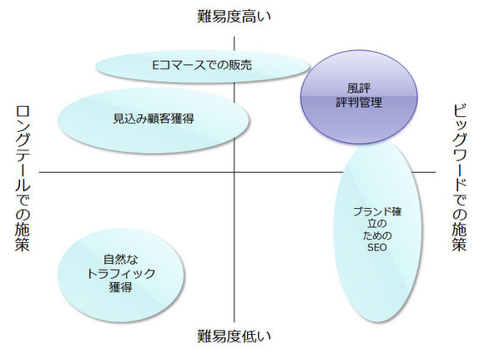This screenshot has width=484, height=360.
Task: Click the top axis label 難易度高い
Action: (234, 16)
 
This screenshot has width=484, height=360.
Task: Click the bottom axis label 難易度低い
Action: (234, 336)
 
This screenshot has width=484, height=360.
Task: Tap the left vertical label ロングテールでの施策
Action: (23, 179)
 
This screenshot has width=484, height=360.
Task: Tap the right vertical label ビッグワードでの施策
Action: (460, 178)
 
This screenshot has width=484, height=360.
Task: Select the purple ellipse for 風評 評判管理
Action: (359, 97)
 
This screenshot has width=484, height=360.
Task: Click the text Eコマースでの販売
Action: (202, 65)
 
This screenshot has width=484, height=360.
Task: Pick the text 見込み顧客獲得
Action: (154, 119)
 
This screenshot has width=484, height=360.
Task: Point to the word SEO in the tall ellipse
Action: (377, 247)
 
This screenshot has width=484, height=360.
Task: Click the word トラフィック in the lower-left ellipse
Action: (121, 273)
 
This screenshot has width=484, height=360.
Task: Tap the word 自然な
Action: (121, 259)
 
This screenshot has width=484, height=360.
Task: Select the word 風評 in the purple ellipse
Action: (359, 89)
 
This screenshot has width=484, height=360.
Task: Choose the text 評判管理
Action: (359, 102)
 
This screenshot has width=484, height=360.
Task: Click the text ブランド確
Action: (377, 211)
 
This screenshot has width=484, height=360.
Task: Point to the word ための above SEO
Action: (377, 236)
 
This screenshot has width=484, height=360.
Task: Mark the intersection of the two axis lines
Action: (234, 172)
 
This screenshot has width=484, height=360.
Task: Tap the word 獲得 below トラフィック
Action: (121, 287)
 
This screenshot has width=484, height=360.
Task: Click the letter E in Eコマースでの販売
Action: (156, 65)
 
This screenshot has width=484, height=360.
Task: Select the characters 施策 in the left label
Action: (23, 237)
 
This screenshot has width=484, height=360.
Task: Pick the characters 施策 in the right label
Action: (460, 236)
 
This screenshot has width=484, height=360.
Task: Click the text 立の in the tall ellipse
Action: (377, 224)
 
